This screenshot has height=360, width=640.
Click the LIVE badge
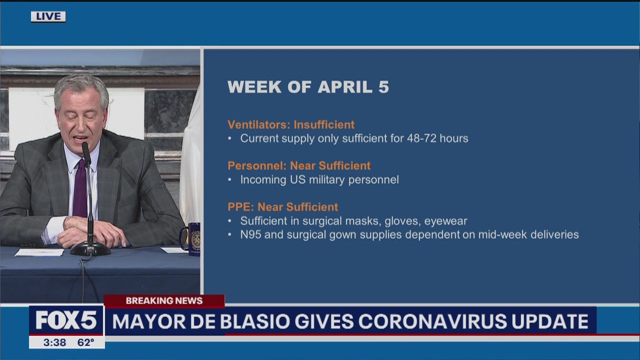point(48,16)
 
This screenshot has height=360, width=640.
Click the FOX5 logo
point(66,320)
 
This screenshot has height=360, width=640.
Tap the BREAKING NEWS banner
point(164,300)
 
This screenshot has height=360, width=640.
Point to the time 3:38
point(54,342)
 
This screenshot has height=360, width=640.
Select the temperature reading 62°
point(85,342)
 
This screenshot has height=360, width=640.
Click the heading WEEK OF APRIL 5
point(308,86)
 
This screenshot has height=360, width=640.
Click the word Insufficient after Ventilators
point(324,124)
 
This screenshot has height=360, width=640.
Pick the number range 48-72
point(421,138)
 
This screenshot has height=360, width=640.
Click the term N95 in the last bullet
point(251,234)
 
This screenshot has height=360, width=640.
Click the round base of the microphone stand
point(90,248)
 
